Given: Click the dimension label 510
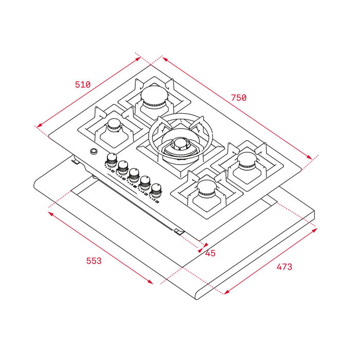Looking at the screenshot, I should pos(82,84).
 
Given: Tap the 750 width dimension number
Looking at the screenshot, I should pos(239,97).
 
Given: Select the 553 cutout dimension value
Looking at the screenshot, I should pos(94,261).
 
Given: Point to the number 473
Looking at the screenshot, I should pos(284,266).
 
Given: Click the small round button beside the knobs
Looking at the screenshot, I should pos(93,151).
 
